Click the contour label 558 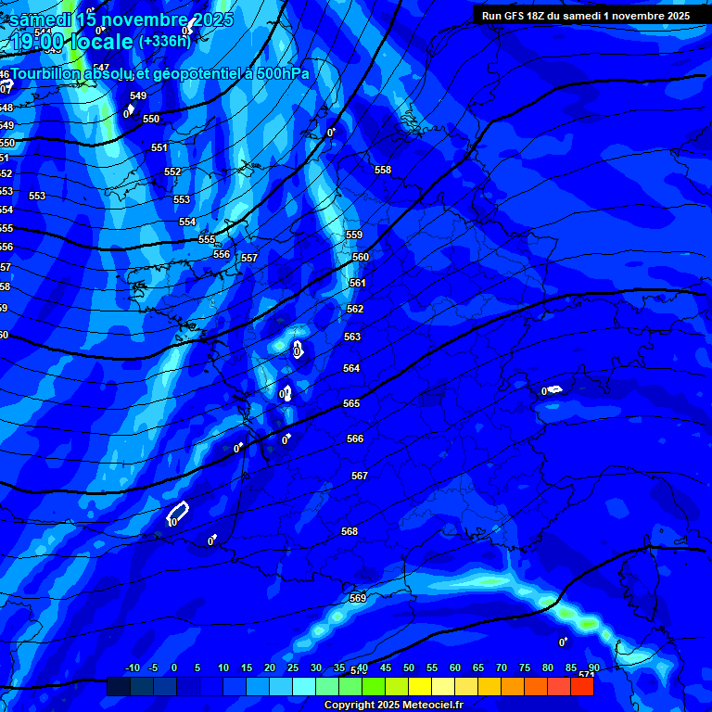(383, 170)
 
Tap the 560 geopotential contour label (361, 257)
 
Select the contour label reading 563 (352, 337)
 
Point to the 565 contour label (351, 403)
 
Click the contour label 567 (360, 476)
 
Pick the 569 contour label (358, 598)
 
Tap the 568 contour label (350, 531)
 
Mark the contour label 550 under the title (151, 119)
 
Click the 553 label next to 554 (182, 199)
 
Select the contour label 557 (248, 258)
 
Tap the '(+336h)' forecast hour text (164, 41)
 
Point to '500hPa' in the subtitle (282, 73)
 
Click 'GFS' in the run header (518, 16)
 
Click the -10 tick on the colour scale (132, 667)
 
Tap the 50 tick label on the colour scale (409, 667)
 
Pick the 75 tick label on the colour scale (525, 667)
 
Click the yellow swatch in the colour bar (419, 686)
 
